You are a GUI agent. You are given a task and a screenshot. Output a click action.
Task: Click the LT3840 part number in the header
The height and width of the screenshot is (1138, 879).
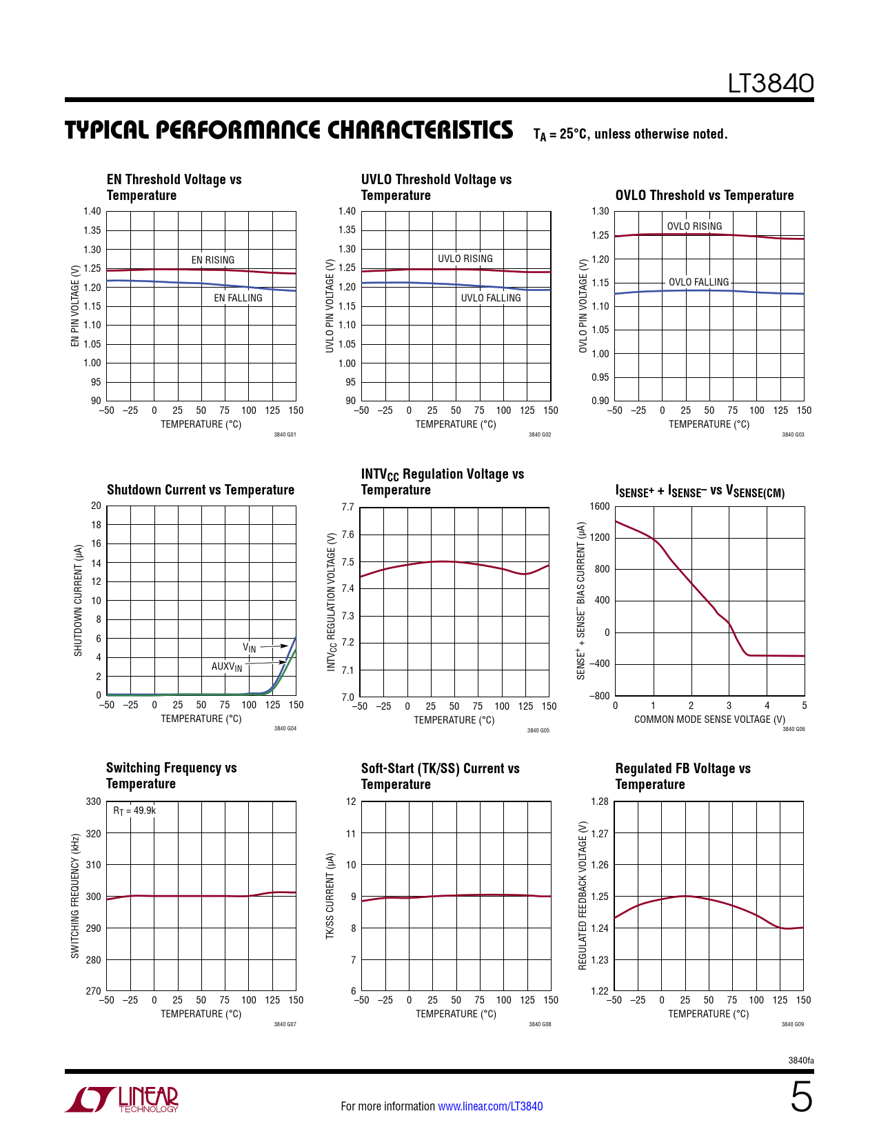771,83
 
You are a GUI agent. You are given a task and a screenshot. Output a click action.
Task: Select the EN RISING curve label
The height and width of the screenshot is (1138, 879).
212,260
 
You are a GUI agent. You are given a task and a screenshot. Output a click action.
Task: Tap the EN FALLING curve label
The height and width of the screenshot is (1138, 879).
238,298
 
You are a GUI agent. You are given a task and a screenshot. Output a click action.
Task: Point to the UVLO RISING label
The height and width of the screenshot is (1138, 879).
465,259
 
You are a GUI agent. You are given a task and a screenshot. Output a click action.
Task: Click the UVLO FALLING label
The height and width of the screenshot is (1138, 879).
491,298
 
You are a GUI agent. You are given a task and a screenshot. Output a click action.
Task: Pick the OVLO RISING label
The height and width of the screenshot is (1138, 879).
694,226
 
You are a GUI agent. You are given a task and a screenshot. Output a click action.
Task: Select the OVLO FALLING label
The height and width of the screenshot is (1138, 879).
698,282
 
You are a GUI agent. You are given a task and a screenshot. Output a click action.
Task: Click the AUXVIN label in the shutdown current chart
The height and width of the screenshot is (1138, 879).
227,667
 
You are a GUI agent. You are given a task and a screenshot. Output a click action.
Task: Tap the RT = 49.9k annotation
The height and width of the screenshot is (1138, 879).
134,810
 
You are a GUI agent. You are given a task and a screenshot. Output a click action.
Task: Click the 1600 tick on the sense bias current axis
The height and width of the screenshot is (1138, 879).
600,506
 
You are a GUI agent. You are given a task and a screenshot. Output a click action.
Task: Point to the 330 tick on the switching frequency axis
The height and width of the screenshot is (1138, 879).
93,801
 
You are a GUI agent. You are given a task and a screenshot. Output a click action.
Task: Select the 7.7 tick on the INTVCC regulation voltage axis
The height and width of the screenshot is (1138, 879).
347,507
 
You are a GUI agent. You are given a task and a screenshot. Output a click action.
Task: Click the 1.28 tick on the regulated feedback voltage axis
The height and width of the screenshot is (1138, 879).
600,801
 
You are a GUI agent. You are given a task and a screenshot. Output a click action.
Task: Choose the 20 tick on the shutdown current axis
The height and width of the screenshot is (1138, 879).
96,506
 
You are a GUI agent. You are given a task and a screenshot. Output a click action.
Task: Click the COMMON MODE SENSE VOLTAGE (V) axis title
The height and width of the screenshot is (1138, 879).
709,719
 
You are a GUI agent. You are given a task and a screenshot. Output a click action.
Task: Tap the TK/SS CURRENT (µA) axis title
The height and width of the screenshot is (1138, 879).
330,896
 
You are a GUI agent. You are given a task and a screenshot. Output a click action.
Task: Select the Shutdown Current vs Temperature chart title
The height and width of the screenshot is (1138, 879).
201,490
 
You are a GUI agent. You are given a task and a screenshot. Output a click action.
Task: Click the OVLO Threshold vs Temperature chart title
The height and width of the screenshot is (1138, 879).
704,195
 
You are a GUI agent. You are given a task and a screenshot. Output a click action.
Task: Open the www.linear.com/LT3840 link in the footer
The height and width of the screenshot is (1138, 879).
490,1106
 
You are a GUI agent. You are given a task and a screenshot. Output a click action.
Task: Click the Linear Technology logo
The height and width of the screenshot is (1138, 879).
122,1099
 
